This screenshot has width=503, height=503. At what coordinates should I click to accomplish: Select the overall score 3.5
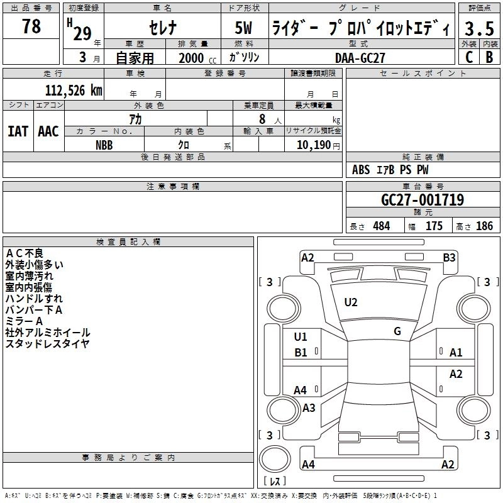click(x=478, y=29)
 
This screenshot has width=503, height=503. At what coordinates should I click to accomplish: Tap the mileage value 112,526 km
click(x=74, y=90)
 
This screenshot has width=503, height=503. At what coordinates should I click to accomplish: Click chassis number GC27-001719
click(x=423, y=200)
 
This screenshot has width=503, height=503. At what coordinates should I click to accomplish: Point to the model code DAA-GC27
click(x=360, y=57)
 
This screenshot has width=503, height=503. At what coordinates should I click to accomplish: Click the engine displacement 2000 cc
click(x=192, y=58)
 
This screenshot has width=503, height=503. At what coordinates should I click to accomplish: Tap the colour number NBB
click(x=104, y=145)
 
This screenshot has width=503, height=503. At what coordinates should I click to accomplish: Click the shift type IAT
click(x=18, y=131)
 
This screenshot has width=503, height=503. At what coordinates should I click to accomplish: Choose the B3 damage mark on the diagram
click(x=449, y=257)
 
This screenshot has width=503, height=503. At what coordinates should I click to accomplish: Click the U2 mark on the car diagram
click(x=351, y=302)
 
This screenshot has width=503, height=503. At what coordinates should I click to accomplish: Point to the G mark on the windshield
click(x=397, y=331)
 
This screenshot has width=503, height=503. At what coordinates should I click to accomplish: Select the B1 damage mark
click(x=301, y=353)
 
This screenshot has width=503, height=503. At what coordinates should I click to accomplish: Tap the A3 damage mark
click(x=309, y=408)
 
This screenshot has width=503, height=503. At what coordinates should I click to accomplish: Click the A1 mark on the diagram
click(x=456, y=353)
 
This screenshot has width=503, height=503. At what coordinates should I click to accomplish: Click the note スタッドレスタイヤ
click(x=47, y=343)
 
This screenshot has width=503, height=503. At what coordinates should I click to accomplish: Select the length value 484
click(x=381, y=226)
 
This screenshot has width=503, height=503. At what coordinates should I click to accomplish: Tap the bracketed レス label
click(x=274, y=482)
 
